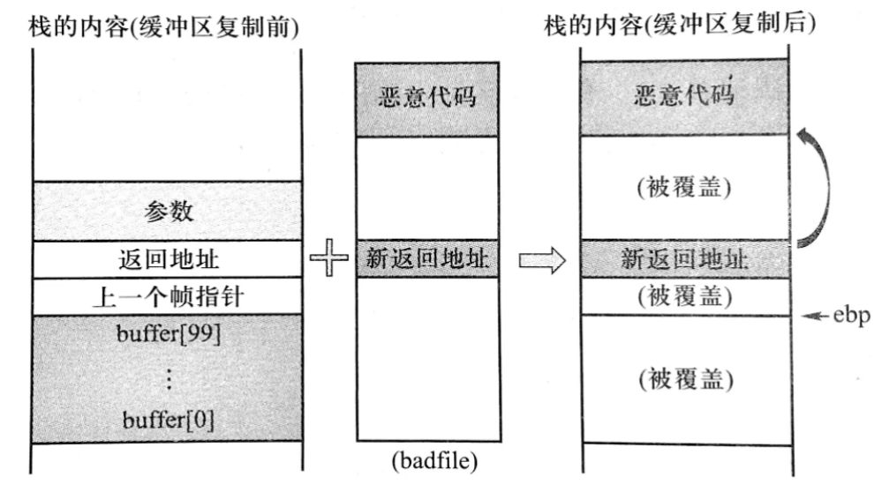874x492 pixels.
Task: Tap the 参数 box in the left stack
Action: point(168,212)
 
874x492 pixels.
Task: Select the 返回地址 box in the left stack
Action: point(168,259)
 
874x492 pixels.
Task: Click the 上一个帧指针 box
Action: point(168,297)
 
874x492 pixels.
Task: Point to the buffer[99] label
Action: point(168,335)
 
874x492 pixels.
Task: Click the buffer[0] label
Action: point(168,421)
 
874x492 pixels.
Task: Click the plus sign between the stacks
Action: point(328,261)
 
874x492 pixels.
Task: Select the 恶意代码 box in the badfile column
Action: point(427,97)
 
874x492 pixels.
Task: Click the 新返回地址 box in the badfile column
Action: point(427,259)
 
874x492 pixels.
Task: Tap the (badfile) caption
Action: point(427,461)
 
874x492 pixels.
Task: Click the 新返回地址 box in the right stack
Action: point(685,259)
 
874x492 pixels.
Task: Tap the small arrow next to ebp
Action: point(817,315)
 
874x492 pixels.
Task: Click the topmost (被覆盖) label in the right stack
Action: point(685,190)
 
